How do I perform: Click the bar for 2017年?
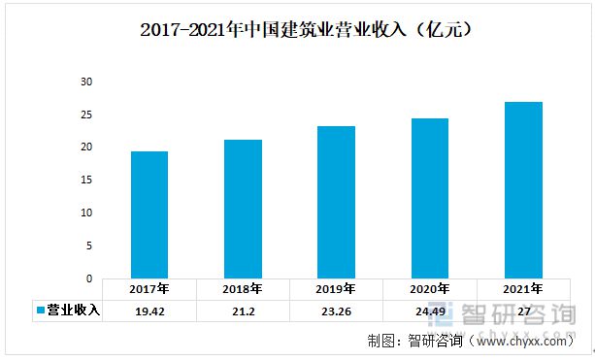coord(149,214)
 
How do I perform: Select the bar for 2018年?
coord(243,209)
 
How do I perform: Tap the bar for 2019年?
coord(336,202)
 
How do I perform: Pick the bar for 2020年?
coord(430,198)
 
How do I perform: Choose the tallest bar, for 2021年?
coord(523,189)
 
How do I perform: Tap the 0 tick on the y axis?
coord(88,278)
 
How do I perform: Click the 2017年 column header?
coord(149,289)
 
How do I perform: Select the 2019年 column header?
coord(336,289)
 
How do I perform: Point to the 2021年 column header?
coord(523,289)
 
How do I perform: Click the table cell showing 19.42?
coord(149,311)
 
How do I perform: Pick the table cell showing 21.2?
coord(243,311)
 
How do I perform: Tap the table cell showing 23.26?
coord(336,311)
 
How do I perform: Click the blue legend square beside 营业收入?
coord(41,311)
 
